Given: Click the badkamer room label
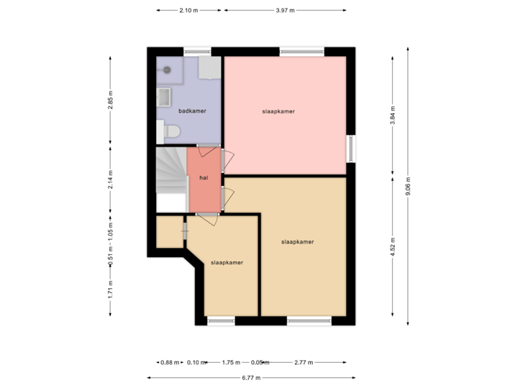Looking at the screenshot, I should click(192, 111).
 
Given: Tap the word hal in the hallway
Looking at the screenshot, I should click(204, 178).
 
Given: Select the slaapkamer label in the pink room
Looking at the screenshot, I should click(278, 111).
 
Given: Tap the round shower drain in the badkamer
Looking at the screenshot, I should click(167, 70).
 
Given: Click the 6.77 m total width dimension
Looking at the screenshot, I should click(250, 377).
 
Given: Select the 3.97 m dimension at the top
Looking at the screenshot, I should click(285, 10).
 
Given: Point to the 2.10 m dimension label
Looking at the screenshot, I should click(188, 10).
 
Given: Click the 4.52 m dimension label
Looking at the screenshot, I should click(392, 246).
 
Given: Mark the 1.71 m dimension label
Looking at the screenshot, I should click(110, 289).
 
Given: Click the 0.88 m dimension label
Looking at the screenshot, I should click(170, 363).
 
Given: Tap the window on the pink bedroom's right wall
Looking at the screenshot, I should click(351, 149).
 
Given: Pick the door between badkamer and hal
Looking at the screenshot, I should click(209, 147).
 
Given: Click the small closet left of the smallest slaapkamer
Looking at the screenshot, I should click(170, 231).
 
